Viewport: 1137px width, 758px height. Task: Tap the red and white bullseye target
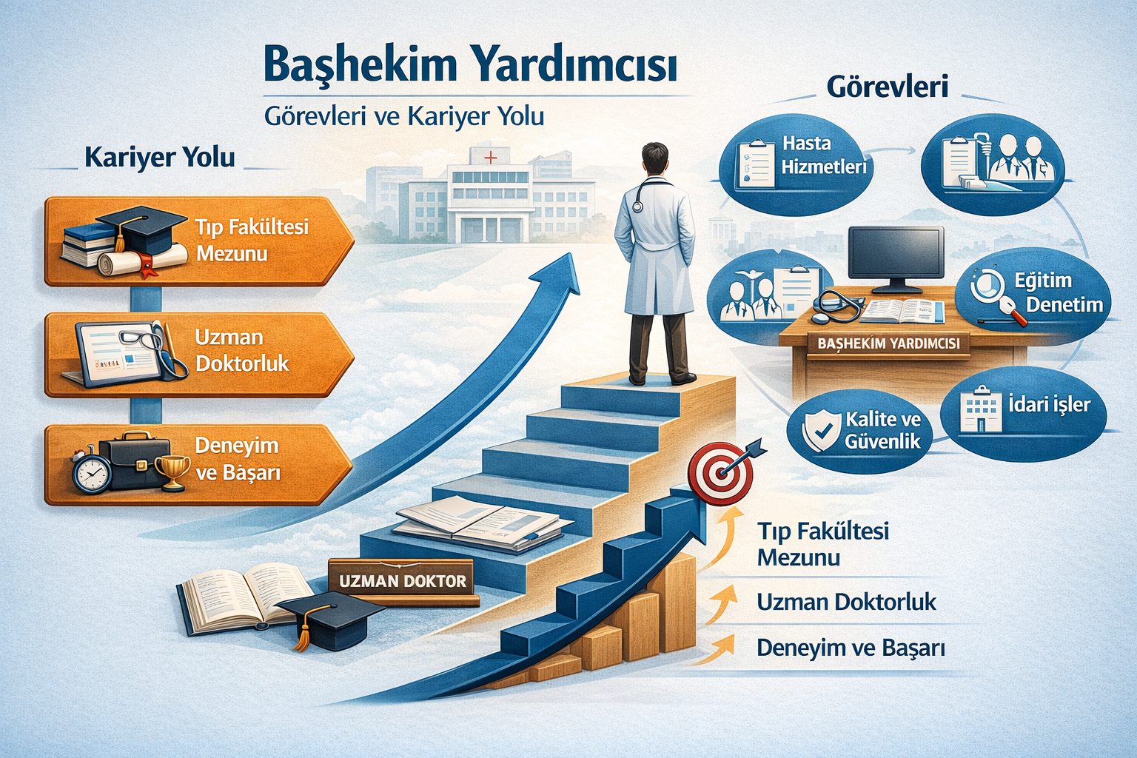coord(719,472)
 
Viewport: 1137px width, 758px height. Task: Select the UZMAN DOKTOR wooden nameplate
coord(403,581)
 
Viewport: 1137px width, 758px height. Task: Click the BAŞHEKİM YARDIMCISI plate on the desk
coord(888,343)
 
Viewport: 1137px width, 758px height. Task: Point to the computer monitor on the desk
coord(896,255)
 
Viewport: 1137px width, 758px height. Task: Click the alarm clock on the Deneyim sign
coord(92,472)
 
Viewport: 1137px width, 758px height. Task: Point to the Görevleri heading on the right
coord(887,87)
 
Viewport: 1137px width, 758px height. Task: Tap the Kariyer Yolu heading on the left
coord(160,158)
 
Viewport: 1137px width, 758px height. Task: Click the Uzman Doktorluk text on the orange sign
coord(241,350)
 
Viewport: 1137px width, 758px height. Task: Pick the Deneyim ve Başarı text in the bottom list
coord(851,648)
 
